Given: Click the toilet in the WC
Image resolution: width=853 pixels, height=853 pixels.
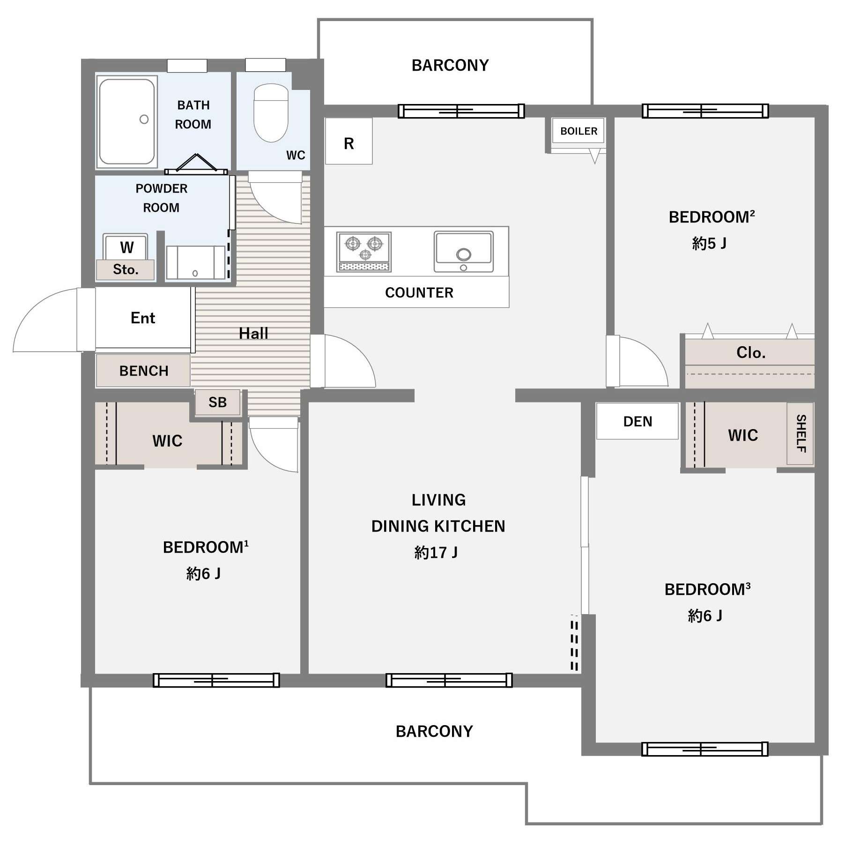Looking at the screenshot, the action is [271, 112].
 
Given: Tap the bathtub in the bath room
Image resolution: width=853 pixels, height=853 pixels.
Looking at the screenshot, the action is [127, 122].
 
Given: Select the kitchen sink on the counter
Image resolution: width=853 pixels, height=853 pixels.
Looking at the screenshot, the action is [463, 251].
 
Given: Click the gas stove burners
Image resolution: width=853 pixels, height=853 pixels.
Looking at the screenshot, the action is [364, 252].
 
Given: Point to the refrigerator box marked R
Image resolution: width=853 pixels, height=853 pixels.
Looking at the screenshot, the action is [349, 141].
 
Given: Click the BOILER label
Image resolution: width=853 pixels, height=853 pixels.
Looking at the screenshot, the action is [579, 131].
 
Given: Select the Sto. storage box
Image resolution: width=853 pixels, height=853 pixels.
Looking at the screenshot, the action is [126, 270].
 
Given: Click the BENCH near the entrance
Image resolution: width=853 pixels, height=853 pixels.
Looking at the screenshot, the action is [143, 371].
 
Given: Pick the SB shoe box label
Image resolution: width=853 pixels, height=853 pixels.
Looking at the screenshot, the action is [217, 402].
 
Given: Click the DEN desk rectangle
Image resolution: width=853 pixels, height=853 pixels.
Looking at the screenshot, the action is [638, 421].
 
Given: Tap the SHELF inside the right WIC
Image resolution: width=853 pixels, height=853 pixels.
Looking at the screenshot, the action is [801, 433].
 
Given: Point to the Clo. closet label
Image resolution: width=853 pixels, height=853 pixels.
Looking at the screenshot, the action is [751, 352].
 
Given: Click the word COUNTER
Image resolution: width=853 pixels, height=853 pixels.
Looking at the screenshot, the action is [419, 293].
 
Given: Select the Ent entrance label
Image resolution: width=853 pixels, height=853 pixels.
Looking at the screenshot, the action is [143, 318].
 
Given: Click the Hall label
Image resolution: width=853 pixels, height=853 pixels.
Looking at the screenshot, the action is [253, 334].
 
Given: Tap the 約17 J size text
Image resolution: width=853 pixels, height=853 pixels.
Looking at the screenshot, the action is [436, 553].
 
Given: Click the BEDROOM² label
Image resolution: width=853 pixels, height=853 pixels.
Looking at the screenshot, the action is [712, 217].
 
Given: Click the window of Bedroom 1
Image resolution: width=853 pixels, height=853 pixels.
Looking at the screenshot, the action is [216, 680].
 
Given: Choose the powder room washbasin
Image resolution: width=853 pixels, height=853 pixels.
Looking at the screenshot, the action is [195, 262].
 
